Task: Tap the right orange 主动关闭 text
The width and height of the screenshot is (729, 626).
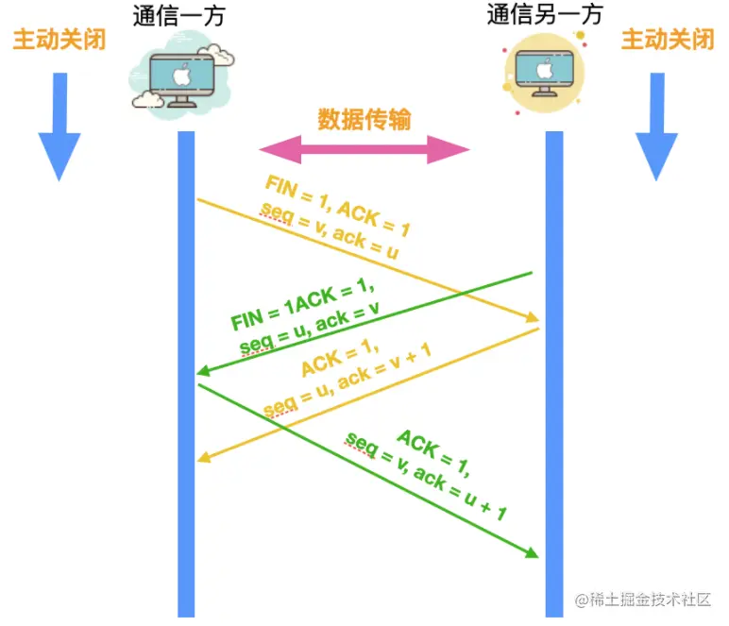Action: tap(668, 40)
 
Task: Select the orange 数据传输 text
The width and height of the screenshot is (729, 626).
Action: tap(364, 120)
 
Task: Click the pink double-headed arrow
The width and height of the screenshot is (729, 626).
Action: tap(364, 149)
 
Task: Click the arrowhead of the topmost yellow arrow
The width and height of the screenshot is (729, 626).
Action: tap(532, 318)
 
